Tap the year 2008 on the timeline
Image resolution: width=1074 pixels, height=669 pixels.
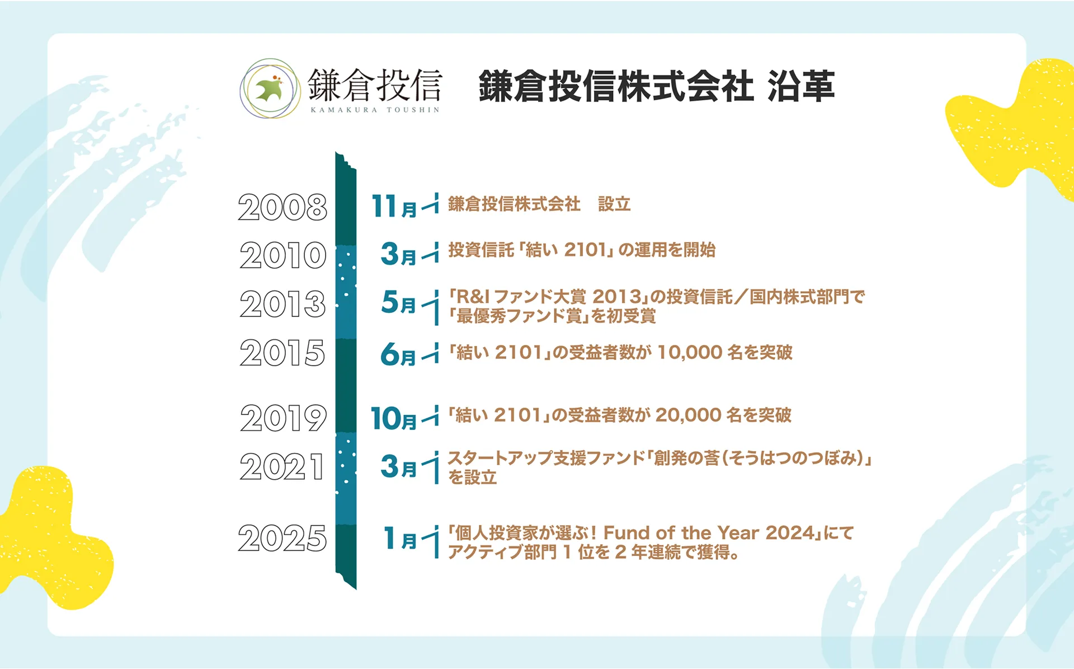[282, 207]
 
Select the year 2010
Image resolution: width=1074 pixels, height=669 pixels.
[283, 255]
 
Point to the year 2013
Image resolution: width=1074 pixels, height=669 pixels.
[283, 304]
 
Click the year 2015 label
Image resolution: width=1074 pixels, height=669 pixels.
[282, 353]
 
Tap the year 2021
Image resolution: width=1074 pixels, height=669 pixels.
[282, 467]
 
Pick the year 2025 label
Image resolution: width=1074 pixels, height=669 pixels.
[282, 538]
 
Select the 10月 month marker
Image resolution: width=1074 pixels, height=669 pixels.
[394, 418]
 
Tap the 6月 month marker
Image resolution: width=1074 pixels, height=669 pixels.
[398, 354]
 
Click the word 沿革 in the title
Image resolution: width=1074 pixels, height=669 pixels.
[801, 87]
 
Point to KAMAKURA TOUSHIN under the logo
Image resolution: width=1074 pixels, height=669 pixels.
[375, 110]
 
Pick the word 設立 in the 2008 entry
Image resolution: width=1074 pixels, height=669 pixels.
[614, 204]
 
